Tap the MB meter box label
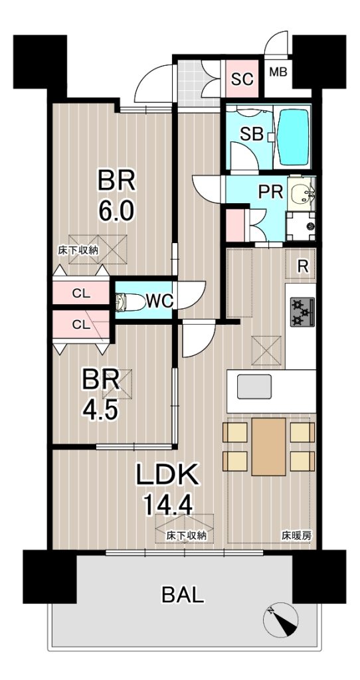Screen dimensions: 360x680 pos(278,72)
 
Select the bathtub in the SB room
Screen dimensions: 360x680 pos(293,137)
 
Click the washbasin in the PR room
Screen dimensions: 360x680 pos(302,193)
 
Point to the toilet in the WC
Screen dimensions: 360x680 pos(131,301)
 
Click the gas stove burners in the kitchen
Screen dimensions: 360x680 pos(302,312)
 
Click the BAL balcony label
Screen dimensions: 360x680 pos(183,595)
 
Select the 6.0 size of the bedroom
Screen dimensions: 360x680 pos(116,212)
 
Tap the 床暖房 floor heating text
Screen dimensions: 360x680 pos(297,536)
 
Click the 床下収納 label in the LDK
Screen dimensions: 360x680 pos(185,536)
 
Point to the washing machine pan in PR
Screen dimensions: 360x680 pos(300,226)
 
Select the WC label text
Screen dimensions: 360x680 pos(159,301)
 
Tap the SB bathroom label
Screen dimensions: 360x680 pos(252,134)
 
